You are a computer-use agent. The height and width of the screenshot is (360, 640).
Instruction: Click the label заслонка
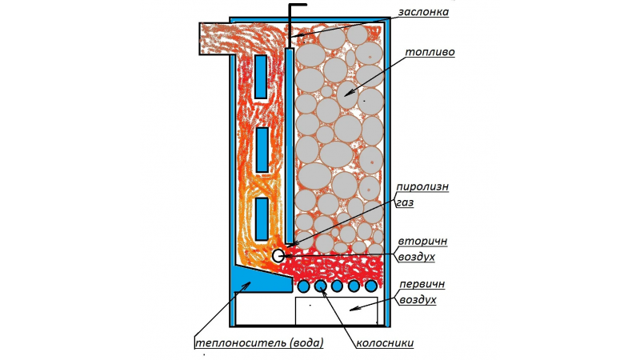(x=423, y=12)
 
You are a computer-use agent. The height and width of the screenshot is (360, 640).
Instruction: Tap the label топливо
(x=430, y=52)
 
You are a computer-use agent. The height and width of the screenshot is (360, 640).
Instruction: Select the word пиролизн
(x=422, y=187)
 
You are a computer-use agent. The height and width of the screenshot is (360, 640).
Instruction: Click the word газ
(x=405, y=202)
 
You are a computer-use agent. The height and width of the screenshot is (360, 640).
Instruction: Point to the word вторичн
(x=422, y=242)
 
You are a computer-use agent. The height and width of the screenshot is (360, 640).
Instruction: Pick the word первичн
(x=422, y=284)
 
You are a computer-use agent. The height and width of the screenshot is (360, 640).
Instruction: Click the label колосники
(x=385, y=343)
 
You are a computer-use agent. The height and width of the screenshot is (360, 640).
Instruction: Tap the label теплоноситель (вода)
(x=259, y=343)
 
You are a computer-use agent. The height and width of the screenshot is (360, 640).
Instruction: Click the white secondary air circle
(x=278, y=255)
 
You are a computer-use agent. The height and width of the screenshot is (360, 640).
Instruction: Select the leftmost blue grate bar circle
(x=303, y=286)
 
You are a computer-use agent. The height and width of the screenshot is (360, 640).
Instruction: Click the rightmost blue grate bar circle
(x=370, y=286)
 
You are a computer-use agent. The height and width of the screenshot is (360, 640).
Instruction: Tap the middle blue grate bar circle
(x=337, y=286)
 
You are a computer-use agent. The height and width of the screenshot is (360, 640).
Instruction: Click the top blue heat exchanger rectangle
(x=261, y=77)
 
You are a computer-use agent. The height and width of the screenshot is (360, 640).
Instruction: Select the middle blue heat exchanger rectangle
(x=262, y=150)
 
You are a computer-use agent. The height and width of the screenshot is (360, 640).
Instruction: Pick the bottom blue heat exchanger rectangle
(x=262, y=218)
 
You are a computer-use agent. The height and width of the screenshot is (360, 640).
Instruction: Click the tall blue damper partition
(x=289, y=146)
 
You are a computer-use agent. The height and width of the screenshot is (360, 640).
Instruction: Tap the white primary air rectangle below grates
(x=336, y=311)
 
